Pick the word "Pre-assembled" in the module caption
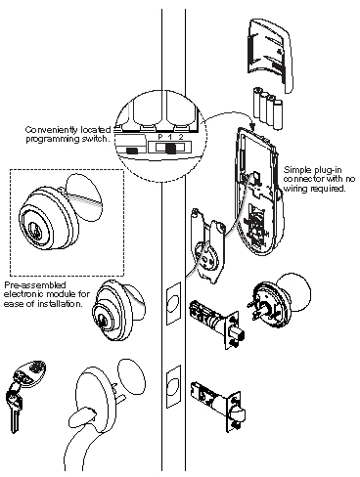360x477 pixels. pyautogui.click(x=28, y=283)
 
